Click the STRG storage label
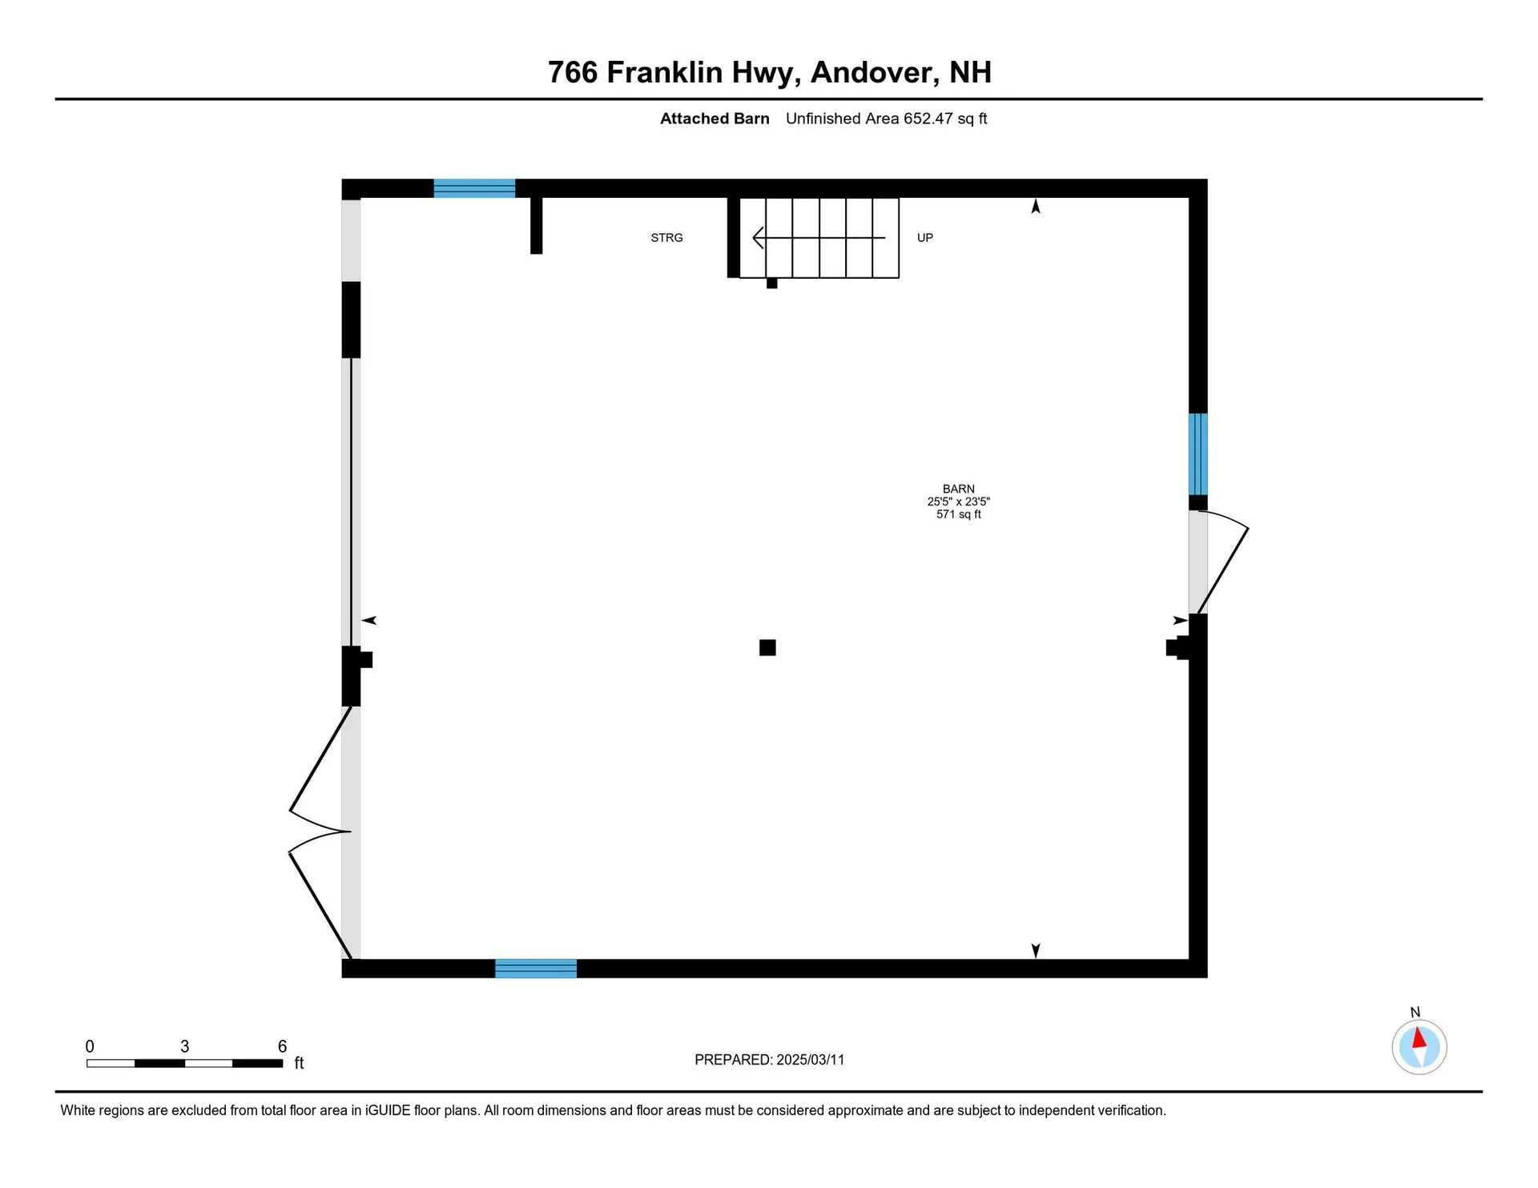(666, 238)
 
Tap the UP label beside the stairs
(924, 238)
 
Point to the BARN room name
(958, 489)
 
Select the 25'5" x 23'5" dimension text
(958, 501)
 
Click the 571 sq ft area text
(958, 514)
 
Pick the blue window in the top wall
(474, 188)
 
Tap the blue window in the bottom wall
(536, 969)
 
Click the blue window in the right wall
(1198, 453)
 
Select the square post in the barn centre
(767, 647)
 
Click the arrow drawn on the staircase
(817, 238)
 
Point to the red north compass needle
(1419, 1038)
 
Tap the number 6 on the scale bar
(282, 1046)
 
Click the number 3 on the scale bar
(184, 1046)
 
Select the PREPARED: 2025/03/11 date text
(769, 1060)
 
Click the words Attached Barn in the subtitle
(715, 119)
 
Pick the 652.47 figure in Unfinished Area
(928, 119)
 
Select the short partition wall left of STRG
(537, 225)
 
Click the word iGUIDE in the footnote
(388, 1110)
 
